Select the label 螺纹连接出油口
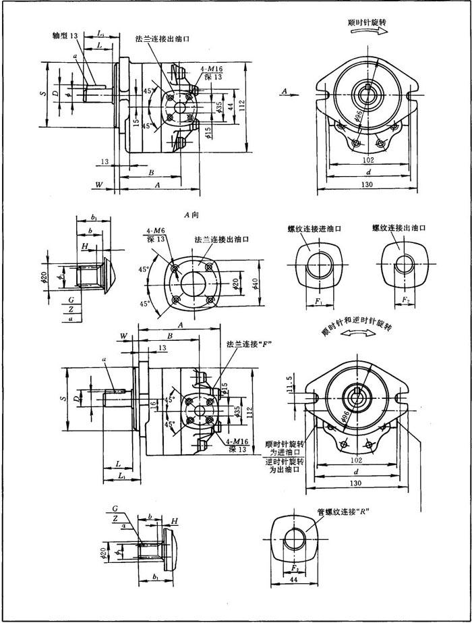pyautogui.click(x=400, y=229)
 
